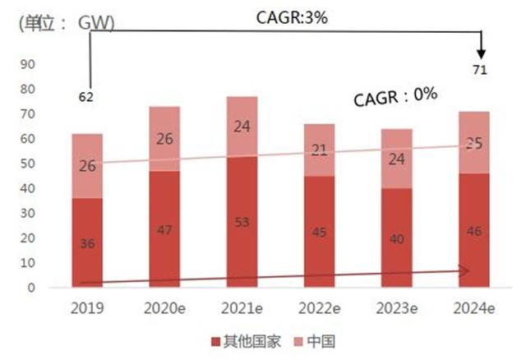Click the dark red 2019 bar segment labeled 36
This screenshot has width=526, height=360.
click(87, 242)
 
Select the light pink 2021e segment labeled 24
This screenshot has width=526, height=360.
click(242, 127)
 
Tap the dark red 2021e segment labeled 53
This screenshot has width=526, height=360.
click(242, 222)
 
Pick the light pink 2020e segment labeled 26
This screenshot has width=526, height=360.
click(164, 139)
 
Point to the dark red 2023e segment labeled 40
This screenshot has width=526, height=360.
click(396, 238)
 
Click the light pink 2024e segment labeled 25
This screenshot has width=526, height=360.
click(474, 142)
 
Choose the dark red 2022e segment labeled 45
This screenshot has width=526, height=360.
click(319, 232)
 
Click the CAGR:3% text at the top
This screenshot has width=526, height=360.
click(292, 17)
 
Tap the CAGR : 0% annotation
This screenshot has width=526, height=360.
click(395, 97)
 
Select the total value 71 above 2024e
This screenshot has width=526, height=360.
click(480, 70)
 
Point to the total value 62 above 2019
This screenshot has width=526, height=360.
click(85, 97)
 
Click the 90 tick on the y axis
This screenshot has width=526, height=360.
click(27, 64)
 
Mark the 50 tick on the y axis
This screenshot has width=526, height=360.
click(27, 164)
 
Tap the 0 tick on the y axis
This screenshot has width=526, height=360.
click(31, 288)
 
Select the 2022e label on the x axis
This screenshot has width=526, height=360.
click(319, 308)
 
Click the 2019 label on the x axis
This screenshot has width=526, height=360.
click(87, 308)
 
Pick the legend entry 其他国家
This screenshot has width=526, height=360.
click(246, 342)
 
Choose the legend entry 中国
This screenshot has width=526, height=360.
click(315, 342)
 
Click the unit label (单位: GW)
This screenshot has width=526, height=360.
click(67, 24)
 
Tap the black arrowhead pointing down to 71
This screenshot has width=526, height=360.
click(482, 54)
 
